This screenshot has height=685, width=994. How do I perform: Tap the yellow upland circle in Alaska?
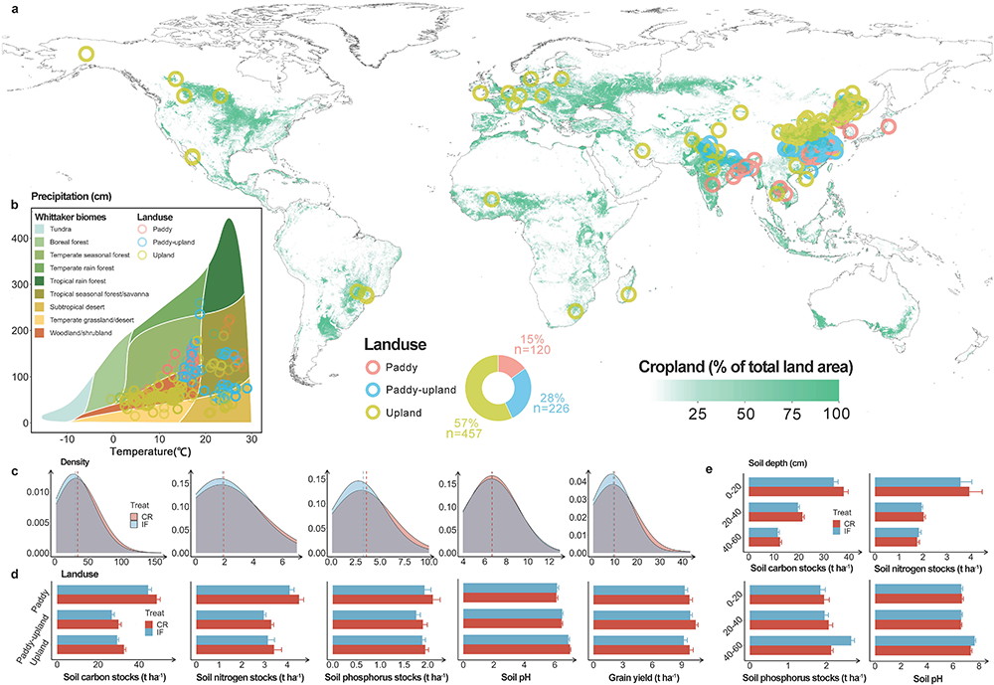click(85, 55)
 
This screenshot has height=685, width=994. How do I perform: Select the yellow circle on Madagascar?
click(628, 293)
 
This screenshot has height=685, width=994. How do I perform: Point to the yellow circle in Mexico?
click(192, 156)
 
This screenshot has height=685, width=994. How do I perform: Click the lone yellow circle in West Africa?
click(491, 199)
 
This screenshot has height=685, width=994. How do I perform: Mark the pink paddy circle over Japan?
click(888, 125)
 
